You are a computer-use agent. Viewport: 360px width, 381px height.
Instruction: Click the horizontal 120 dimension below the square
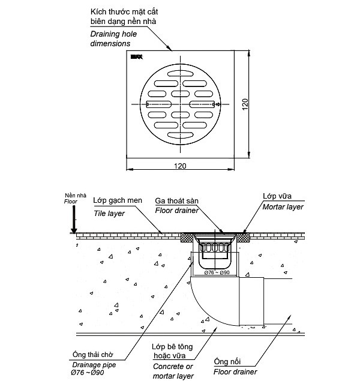coord(180,166)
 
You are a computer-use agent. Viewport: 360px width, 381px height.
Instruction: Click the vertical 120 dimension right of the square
coord(244,104)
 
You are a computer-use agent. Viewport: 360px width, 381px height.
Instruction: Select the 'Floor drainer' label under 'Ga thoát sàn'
coord(176,211)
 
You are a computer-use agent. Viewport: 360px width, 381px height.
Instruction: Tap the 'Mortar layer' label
coord(283,206)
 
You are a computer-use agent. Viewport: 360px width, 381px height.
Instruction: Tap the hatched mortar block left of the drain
coord(188,238)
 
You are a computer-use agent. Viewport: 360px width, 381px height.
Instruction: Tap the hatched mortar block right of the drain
coord(243,238)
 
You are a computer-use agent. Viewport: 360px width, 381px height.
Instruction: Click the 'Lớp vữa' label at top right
coord(277,196)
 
